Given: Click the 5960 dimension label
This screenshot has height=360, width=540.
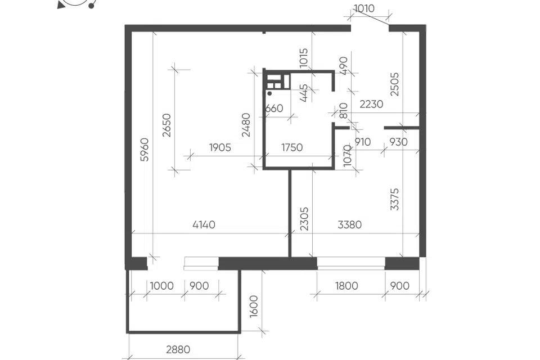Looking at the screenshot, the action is (x=145, y=149).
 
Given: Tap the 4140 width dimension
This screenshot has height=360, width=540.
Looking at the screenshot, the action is (x=204, y=224).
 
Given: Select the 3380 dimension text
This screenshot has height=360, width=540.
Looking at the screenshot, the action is (x=349, y=224).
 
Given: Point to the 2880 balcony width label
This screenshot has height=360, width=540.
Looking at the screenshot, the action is (x=178, y=349).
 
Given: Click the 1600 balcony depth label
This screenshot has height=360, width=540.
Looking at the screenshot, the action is (x=254, y=306).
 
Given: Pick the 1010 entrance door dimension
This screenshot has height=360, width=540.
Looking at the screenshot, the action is (x=364, y=8).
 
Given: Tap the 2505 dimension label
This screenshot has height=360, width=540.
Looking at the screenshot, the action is (x=394, y=84).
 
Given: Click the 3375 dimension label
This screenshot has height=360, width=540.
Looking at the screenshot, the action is (x=394, y=199).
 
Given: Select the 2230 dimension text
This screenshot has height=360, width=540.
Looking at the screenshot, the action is (x=371, y=104).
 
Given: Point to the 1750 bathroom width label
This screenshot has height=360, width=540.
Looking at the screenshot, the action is (x=292, y=147).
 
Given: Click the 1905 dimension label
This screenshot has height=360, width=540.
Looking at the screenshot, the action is (x=220, y=147).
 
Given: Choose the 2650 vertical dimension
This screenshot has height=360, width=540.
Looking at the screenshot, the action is (x=166, y=125).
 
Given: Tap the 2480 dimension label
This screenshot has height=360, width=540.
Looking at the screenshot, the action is (x=246, y=125).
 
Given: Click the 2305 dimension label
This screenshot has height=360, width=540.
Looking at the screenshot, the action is (x=304, y=219).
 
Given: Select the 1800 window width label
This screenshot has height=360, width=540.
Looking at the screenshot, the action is (x=346, y=286).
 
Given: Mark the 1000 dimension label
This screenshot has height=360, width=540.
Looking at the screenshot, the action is (x=162, y=286).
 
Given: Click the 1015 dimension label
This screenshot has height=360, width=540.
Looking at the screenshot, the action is (x=303, y=57).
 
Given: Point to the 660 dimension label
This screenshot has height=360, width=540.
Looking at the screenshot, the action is (x=274, y=108).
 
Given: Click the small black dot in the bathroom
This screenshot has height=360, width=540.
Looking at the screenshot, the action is (x=269, y=93).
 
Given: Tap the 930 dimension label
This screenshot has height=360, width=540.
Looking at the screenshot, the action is (x=398, y=142).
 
